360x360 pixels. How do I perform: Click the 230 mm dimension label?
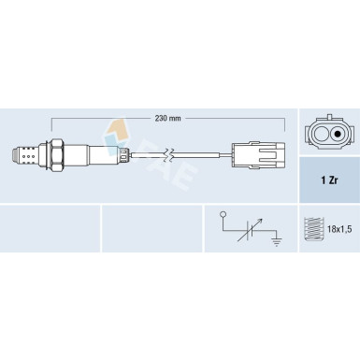[167, 119]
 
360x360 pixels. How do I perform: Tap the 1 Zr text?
[329, 180]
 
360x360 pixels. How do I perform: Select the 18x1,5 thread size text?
[339, 229]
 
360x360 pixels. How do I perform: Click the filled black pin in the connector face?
[337, 135]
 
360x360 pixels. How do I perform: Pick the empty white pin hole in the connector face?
[321, 135]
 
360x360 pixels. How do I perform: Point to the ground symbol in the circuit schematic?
[277, 241]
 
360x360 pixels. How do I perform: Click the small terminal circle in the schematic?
[223, 214]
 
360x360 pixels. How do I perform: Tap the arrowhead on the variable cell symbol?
[261, 221]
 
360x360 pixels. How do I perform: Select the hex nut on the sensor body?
[56, 155]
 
